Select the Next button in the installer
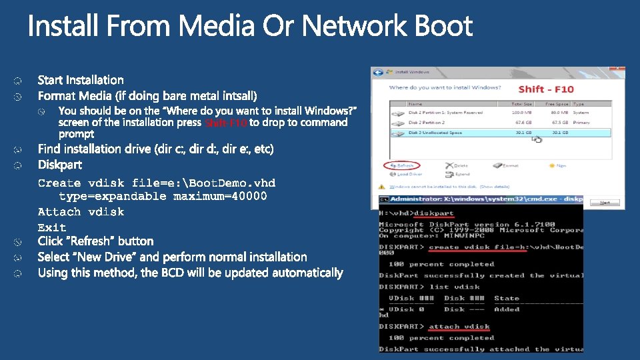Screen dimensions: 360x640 click(605, 202)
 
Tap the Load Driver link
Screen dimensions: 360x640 click(407, 174)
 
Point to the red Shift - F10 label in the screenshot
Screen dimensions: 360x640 click(545, 89)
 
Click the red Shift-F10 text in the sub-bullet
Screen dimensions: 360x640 click(226, 123)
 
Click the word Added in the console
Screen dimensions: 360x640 click(507, 309)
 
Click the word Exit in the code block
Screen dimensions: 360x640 click(52, 227)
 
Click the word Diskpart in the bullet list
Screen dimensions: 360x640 click(59, 165)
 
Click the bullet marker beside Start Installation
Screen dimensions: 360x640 click(19, 81)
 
